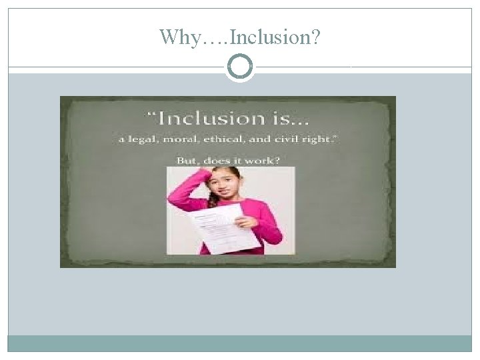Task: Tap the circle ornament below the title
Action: click(240, 67)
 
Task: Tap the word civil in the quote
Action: click(311, 142)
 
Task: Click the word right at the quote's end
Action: click(333, 142)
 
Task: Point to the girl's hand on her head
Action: click(212, 173)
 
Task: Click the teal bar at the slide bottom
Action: click(240, 343)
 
